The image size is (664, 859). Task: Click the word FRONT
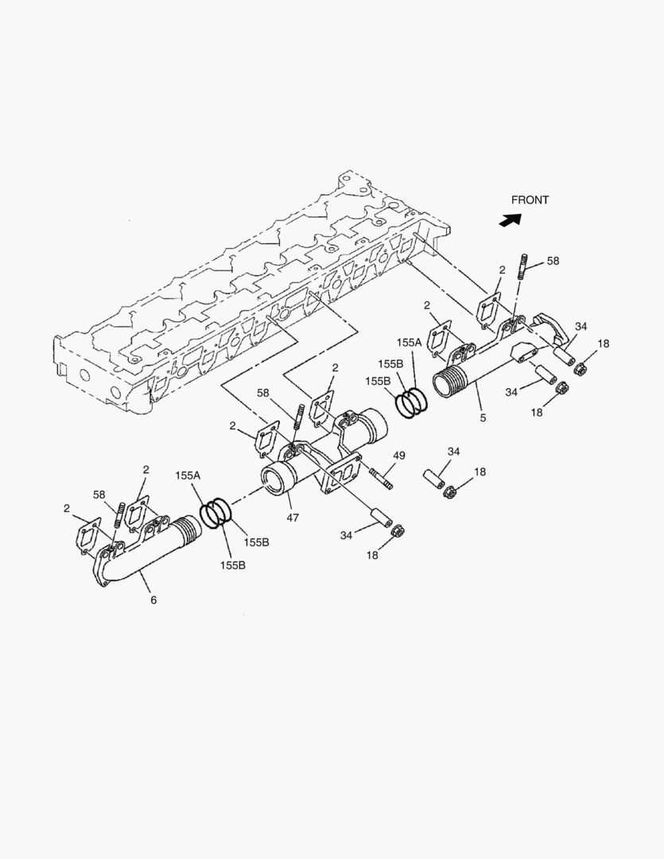pyautogui.click(x=530, y=200)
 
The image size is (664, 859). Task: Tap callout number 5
pyautogui.click(x=483, y=417)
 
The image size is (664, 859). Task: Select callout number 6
pyautogui.click(x=153, y=600)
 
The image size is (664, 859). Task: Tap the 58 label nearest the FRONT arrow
pyautogui.click(x=553, y=261)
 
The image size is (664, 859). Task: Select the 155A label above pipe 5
pyautogui.click(x=409, y=342)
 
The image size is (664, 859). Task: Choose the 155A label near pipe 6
pyautogui.click(x=188, y=475)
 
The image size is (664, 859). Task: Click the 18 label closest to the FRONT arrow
pyautogui.click(x=604, y=344)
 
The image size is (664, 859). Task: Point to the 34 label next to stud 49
pyautogui.click(x=453, y=452)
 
